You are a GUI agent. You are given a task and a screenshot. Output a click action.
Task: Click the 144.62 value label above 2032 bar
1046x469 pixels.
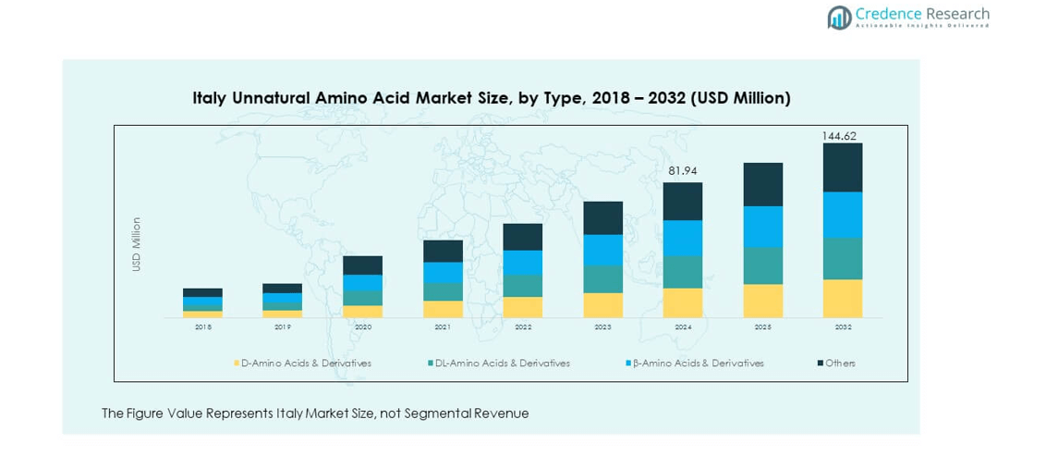coord(839,136)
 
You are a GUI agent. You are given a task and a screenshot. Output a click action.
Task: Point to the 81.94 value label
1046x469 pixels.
coord(682,171)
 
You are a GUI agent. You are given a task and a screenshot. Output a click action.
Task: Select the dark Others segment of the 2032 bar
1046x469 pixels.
coord(843,167)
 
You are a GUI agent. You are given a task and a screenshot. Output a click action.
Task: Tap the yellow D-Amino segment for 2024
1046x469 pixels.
coord(683,302)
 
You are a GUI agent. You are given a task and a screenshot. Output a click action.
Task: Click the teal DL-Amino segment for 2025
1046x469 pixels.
coord(763,265)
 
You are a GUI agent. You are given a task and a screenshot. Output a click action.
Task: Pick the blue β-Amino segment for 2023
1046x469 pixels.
coord(602,250)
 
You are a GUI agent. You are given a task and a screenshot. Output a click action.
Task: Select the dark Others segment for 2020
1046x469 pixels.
coord(362,265)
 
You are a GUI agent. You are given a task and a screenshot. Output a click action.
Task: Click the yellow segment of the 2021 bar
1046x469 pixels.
coord(443,309)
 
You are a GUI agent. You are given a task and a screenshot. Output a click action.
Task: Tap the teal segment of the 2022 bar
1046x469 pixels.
coord(523,286)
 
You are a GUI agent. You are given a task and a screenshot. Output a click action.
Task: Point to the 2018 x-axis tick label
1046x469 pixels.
coord(202,327)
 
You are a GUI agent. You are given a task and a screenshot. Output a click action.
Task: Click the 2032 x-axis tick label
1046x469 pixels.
coord(843,327)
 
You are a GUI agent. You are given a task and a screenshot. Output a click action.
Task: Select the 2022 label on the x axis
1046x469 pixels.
coord(523,327)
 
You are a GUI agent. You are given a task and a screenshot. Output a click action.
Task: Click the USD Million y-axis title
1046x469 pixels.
coord(137,244)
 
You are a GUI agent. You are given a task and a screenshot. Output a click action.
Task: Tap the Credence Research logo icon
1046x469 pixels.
coord(840,18)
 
